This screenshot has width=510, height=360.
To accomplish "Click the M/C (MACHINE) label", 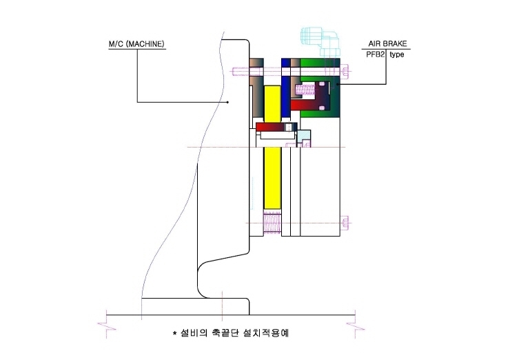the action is click(136, 44).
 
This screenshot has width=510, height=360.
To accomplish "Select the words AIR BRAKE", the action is click(387, 43).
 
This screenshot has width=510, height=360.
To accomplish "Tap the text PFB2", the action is click(376, 54).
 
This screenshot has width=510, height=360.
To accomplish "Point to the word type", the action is click(397, 54).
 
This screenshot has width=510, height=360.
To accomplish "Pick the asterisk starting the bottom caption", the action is click(174, 333).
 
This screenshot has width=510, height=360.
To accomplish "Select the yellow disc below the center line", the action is click(272, 178).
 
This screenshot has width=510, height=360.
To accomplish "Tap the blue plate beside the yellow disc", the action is click(286, 88).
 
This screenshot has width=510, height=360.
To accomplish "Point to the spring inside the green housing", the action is click(305, 90).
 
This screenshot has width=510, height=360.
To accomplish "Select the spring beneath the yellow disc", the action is click(272, 222).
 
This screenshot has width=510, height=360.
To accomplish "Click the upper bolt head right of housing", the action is click(345, 71).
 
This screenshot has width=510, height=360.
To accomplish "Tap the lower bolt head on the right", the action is click(345, 223).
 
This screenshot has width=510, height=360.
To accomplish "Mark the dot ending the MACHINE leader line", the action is click(227, 102).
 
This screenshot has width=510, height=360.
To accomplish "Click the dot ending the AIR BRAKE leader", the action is click(337, 84).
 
